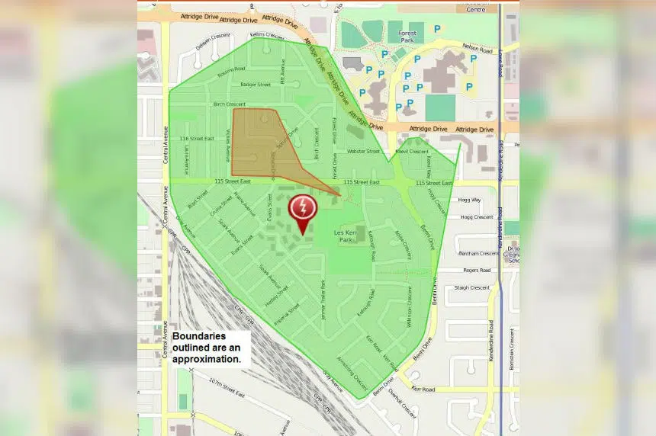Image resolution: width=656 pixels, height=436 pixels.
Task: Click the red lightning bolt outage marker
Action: [303, 209]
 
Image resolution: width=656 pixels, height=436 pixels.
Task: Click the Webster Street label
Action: [363, 151]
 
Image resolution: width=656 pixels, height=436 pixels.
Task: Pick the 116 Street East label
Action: [194, 139]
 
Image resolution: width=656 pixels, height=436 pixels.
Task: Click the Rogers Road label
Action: [476, 270]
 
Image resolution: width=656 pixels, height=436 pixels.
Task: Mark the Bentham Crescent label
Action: [478, 252]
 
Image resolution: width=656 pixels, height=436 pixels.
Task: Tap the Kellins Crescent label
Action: [266, 35]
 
